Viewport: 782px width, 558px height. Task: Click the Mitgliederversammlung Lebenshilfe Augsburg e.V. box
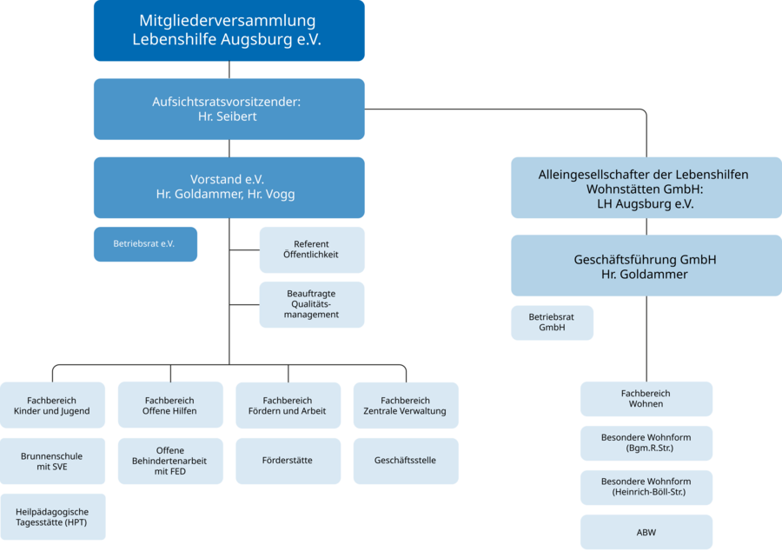click(x=229, y=30)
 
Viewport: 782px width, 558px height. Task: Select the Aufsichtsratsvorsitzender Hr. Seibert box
click(x=229, y=109)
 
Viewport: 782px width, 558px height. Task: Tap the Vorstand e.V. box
click(x=229, y=187)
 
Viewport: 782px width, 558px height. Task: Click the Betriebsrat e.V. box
click(x=145, y=244)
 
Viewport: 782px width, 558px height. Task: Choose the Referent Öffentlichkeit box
click(x=312, y=249)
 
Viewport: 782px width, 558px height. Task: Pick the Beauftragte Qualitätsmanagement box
click(x=312, y=304)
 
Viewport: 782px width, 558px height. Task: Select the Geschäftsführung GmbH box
click(x=646, y=266)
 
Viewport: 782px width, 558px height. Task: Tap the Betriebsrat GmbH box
click(x=552, y=322)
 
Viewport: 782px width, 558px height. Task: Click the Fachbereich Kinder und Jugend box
click(x=52, y=405)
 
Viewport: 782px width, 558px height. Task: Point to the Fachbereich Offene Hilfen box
click(x=169, y=405)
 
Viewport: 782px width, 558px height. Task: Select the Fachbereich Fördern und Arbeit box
click(x=288, y=405)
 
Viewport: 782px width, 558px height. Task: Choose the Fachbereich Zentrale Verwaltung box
click(x=405, y=405)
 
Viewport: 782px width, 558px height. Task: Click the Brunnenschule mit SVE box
click(x=52, y=461)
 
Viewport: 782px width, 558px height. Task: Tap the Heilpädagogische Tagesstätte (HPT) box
click(x=52, y=517)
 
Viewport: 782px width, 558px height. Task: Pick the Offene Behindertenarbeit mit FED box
click(x=169, y=461)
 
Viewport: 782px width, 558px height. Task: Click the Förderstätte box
click(x=288, y=461)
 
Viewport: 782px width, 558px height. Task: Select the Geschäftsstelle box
click(x=405, y=461)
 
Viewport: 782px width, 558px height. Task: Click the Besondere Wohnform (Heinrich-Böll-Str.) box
click(x=646, y=487)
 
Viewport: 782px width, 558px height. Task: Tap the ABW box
click(x=646, y=532)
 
